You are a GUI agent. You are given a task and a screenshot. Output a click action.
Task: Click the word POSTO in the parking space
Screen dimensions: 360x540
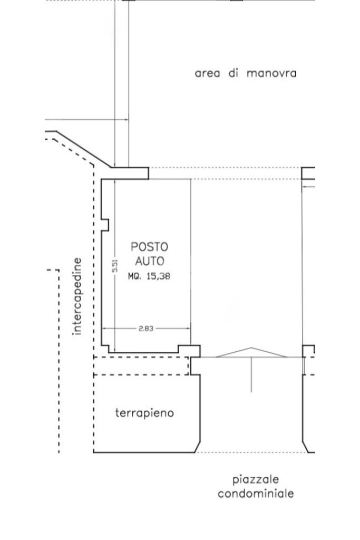[149, 247]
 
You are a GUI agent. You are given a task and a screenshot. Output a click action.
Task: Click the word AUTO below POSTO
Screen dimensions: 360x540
[149, 261]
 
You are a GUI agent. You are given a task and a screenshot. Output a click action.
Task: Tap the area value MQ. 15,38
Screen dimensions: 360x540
[149, 276]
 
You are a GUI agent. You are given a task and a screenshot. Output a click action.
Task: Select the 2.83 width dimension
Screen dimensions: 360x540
[146, 329]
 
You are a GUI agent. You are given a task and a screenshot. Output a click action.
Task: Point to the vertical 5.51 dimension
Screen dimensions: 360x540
[115, 266]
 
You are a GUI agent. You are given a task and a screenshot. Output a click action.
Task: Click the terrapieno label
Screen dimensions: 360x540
[144, 412]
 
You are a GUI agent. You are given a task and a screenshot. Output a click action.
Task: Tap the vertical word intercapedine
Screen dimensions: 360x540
[77, 296]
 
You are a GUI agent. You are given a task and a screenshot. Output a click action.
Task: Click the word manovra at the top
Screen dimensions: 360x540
[271, 73]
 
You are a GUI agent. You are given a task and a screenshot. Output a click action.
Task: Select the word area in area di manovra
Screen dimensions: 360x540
[207, 73]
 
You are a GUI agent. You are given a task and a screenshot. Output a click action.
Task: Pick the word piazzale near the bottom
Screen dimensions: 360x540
[255, 480]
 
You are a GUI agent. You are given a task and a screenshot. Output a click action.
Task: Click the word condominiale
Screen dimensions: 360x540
[256, 494]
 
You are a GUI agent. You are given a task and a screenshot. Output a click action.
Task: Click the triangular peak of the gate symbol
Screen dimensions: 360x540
[251, 348]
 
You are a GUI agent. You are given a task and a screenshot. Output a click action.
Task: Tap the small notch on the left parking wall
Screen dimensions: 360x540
[105, 225]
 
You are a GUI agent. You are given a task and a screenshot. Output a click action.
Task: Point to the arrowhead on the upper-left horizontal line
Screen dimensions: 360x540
[127, 120]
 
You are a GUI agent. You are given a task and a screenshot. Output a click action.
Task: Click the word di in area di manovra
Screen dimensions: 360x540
[233, 73]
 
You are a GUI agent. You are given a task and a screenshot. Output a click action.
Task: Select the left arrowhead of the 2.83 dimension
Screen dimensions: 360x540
[105, 329]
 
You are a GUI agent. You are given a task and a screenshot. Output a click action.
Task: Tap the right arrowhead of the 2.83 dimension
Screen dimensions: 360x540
[188, 329]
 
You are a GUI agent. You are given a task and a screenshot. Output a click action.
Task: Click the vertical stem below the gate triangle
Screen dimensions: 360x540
[251, 375]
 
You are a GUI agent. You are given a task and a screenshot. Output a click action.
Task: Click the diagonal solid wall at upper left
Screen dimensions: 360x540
[84, 149]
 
